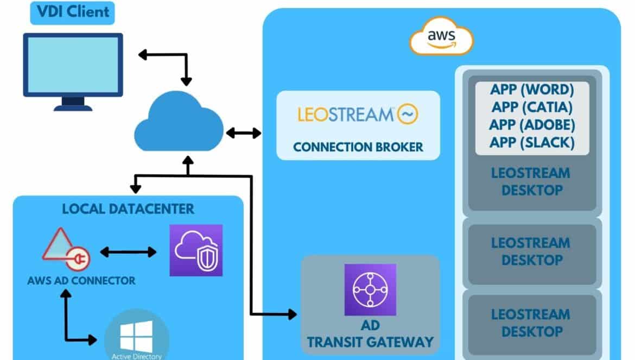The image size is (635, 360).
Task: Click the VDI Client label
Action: [73, 12]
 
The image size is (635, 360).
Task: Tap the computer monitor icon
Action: [73, 72]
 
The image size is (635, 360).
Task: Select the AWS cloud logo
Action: [441, 36]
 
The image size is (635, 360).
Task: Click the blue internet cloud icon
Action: [179, 122]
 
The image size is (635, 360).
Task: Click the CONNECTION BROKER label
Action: [358, 147]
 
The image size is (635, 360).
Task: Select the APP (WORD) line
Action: [532, 90]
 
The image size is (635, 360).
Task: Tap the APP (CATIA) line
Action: [532, 108]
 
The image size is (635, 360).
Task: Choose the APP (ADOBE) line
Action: [532, 125]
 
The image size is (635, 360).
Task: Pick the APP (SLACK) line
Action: [532, 143]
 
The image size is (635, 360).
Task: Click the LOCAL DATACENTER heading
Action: [128, 209]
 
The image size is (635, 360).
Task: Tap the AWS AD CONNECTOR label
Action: [81, 281]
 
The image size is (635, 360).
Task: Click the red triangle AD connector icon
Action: [66, 249]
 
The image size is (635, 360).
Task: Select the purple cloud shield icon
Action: [196, 250]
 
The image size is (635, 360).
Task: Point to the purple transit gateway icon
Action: [370, 289]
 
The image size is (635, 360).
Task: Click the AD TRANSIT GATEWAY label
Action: [370, 334]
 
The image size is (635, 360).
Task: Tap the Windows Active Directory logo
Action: [136, 337]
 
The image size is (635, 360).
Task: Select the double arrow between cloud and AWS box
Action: [243, 133]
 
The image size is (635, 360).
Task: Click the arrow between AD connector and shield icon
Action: [128, 252]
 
